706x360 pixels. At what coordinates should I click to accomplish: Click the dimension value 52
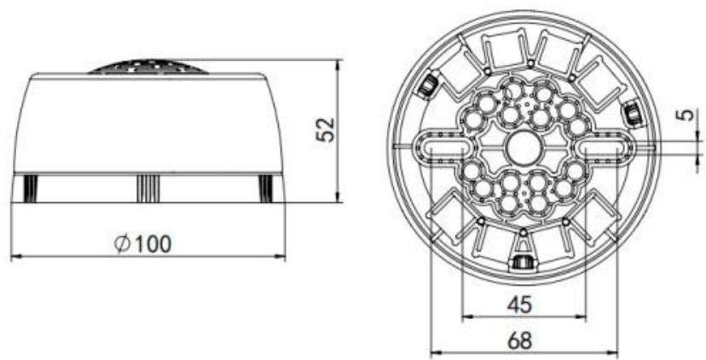tap(325, 130)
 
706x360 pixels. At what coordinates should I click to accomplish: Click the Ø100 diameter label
tap(143, 244)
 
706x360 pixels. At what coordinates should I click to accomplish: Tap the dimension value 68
tap(519, 340)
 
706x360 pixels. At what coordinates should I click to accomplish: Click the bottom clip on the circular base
tap(523, 261)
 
